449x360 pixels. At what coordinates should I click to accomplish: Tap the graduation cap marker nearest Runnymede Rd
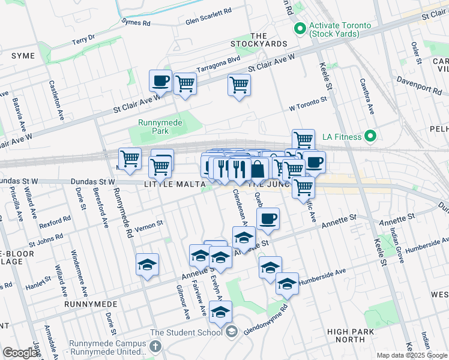tap(147, 265)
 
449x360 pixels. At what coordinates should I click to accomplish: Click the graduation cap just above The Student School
tap(221, 312)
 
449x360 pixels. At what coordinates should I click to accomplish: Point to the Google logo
tap(20, 353)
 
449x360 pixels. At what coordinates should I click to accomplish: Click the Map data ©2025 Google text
tap(411, 355)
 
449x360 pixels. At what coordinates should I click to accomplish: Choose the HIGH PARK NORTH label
tap(346, 335)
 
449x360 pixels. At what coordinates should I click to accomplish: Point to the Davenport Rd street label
tap(423, 88)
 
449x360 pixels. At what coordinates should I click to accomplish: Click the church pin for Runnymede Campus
tap(155, 346)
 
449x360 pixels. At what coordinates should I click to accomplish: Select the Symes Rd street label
tap(136, 22)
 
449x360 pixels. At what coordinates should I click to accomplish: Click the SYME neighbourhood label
tap(23, 56)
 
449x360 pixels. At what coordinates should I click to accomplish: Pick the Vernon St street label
tap(148, 224)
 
